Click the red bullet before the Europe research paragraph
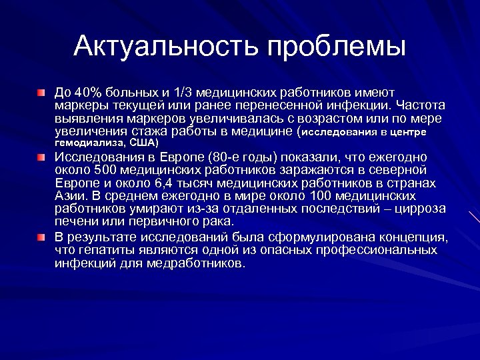pyautogui.click(x=41, y=158)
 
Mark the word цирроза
pyautogui.click(x=398, y=209)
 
